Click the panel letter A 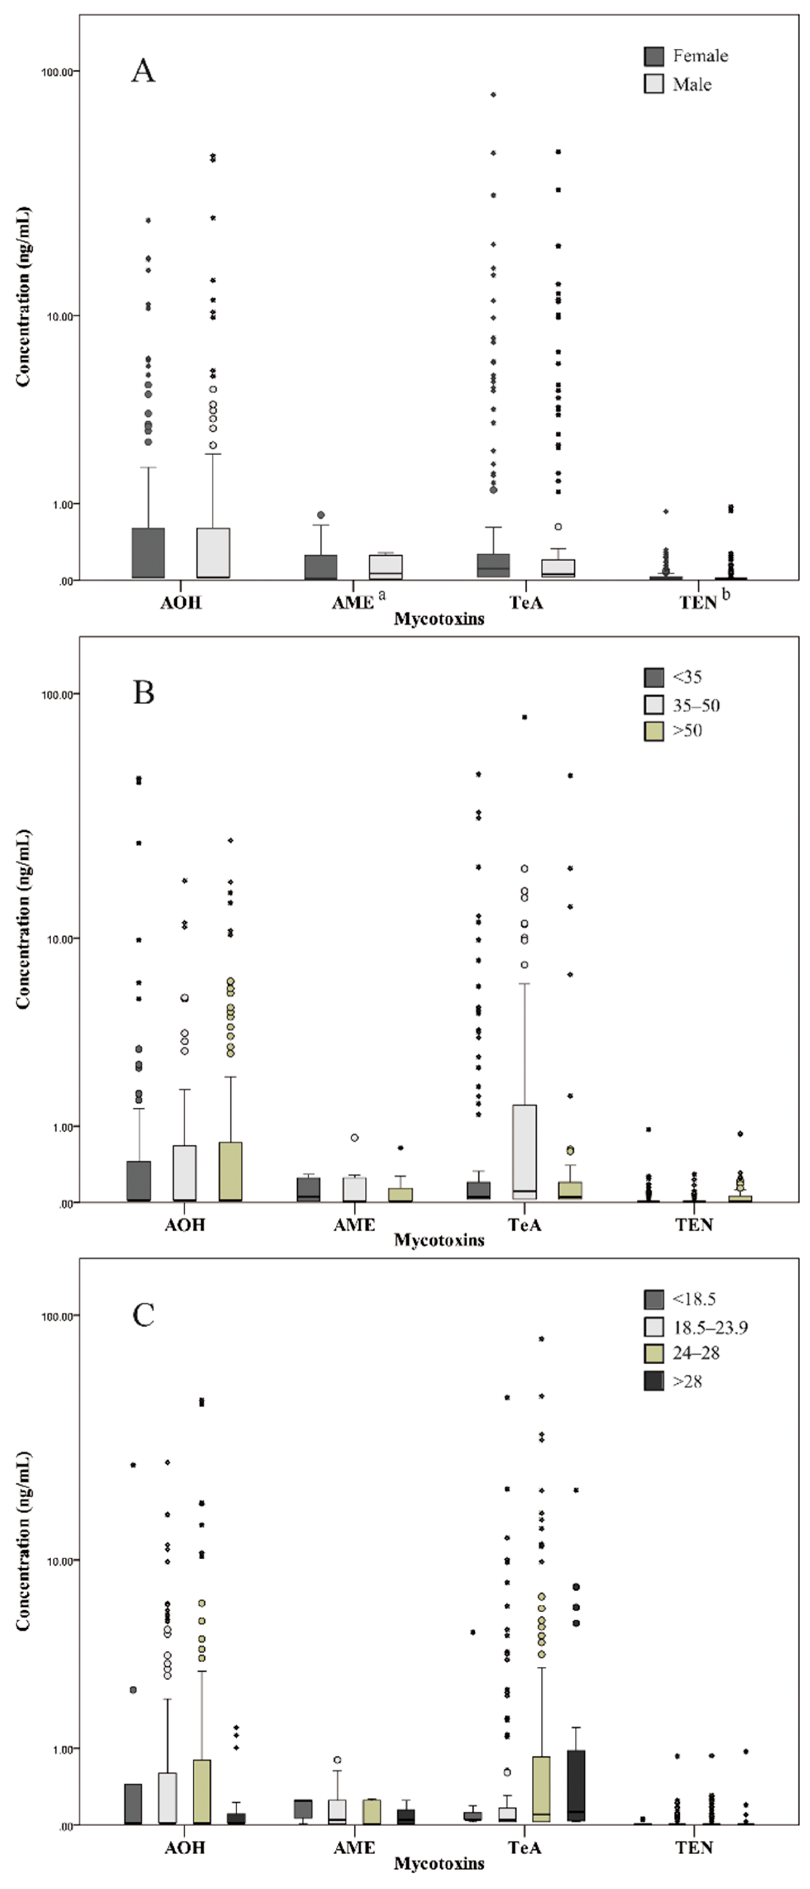143,71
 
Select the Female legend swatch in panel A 654,56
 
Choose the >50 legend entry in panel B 687,730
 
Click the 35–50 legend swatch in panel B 654,705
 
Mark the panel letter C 143,1315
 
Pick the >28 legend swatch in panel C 654,1381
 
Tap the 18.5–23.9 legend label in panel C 710,1327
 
